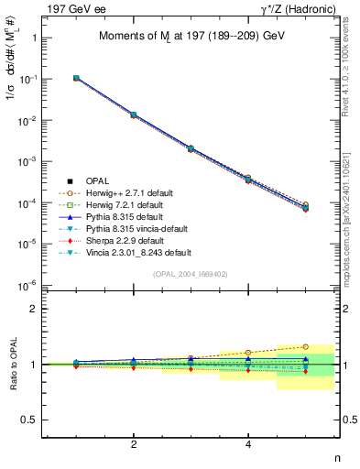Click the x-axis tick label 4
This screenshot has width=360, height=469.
[248, 444]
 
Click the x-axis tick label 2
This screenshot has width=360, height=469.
[134, 444]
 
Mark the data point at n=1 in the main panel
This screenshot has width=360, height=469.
[76, 79]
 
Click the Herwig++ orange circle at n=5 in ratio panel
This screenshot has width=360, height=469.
[306, 347]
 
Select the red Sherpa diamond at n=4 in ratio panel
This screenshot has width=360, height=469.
[248, 370]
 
